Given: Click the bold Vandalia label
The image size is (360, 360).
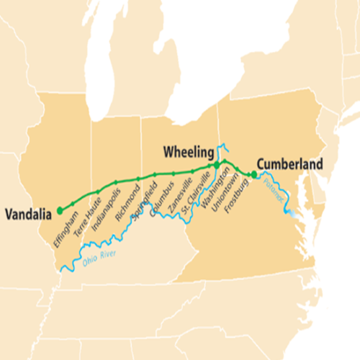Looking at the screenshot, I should pyautogui.click(x=29, y=213).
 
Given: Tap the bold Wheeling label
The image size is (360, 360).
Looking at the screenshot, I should pyautogui.click(x=188, y=152).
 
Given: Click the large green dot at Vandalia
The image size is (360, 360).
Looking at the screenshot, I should pyautogui.click(x=60, y=210).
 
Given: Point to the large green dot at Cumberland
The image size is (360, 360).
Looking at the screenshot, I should pyautogui.click(x=253, y=174).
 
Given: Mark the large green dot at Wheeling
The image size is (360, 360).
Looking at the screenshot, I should pyautogui.click(x=216, y=166).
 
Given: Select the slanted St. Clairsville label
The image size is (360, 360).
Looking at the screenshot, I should pyautogui.click(x=196, y=191).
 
